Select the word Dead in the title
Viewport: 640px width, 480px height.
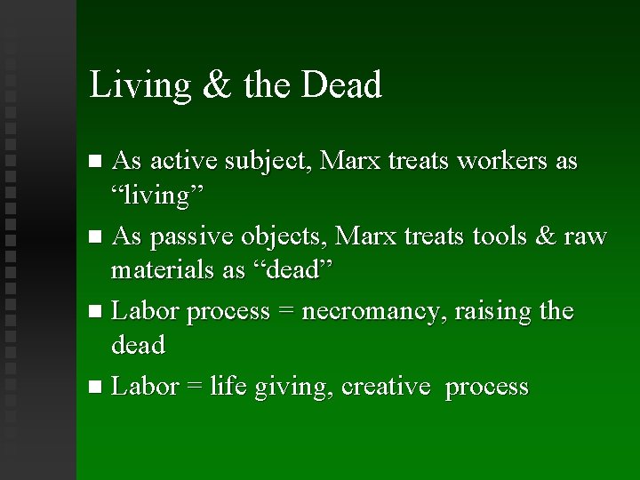click(x=342, y=85)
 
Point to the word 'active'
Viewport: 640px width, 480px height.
click(x=183, y=162)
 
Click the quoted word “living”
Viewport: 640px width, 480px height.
click(x=157, y=196)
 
